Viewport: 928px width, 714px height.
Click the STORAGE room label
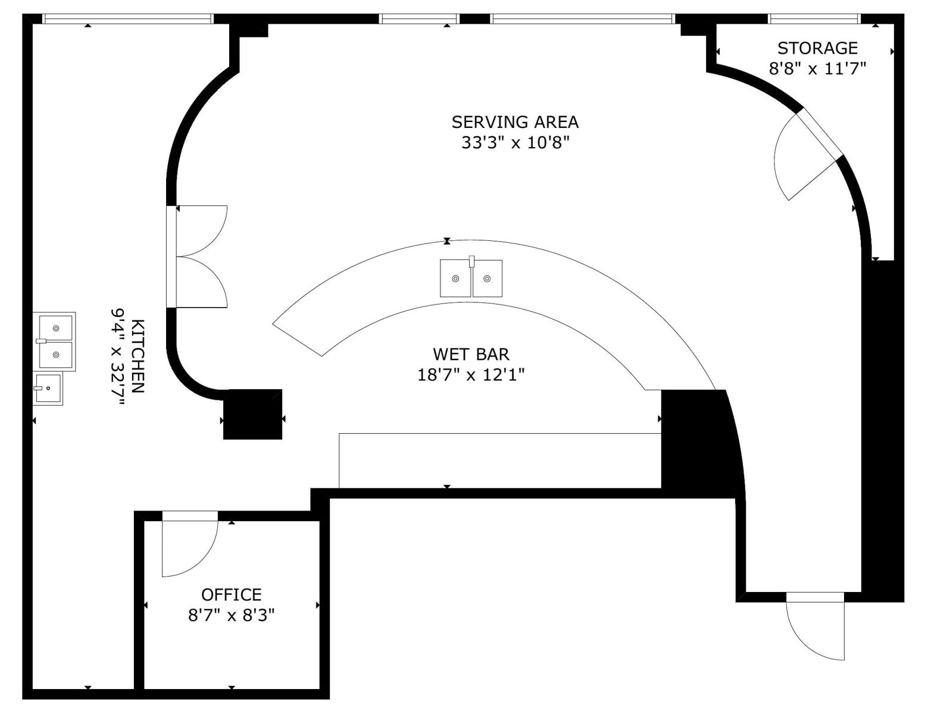pyautogui.click(x=817, y=48)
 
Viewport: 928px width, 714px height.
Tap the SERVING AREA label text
pyautogui.click(x=515, y=122)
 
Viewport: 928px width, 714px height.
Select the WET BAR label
pyautogui.click(x=471, y=354)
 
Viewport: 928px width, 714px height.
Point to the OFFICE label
pyautogui.click(x=232, y=594)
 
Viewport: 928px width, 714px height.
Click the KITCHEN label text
pyautogui.click(x=138, y=356)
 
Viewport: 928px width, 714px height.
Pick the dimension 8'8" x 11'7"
pyautogui.click(x=817, y=68)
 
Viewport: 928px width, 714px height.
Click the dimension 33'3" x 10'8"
pyautogui.click(x=516, y=142)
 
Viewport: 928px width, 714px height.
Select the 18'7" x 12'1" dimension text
pyautogui.click(x=471, y=375)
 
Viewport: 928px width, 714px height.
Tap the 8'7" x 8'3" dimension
pyautogui.click(x=232, y=615)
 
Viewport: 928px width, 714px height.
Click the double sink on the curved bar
pyautogui.click(x=471, y=277)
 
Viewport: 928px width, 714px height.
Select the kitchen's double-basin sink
pyautogui.click(x=55, y=342)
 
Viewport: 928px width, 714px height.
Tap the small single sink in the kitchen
pyautogui.click(x=48, y=389)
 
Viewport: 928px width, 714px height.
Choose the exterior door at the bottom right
pyautogui.click(x=815, y=632)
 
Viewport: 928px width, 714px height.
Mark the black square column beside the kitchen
pyautogui.click(x=253, y=414)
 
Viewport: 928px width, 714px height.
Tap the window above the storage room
pyautogui.click(x=814, y=19)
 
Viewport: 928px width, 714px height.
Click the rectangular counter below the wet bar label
pyautogui.click(x=500, y=461)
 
